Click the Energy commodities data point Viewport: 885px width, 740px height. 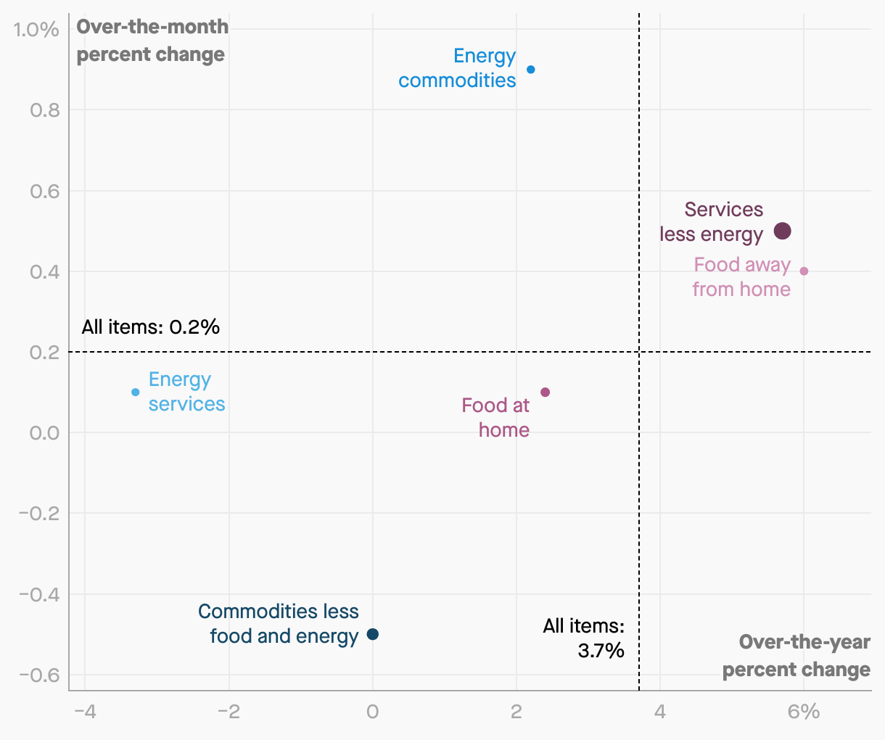click(531, 70)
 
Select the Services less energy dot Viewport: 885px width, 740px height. click(782, 231)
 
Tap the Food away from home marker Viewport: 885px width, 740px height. click(804, 271)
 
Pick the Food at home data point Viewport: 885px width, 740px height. click(546, 392)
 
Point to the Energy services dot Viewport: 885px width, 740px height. click(136, 392)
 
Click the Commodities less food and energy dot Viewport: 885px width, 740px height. click(373, 634)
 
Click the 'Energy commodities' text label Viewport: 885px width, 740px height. click(458, 68)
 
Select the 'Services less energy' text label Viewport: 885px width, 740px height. click(711, 222)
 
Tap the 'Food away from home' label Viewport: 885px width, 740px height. click(741, 277)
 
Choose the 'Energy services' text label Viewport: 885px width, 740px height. click(186, 392)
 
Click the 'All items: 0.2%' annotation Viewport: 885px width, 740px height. click(151, 326)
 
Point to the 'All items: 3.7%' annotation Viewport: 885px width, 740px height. click(584, 638)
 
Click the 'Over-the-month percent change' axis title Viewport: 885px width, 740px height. click(152, 41)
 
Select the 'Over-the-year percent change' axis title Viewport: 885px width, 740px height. click(796, 656)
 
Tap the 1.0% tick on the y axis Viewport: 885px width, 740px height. click(36, 30)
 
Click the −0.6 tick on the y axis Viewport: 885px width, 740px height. click(38, 675)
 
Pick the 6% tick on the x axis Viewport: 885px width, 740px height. click(803, 712)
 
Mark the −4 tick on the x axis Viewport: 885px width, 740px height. click(85, 712)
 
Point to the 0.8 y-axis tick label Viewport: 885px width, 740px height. click(44, 110)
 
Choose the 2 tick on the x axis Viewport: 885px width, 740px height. click(516, 712)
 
